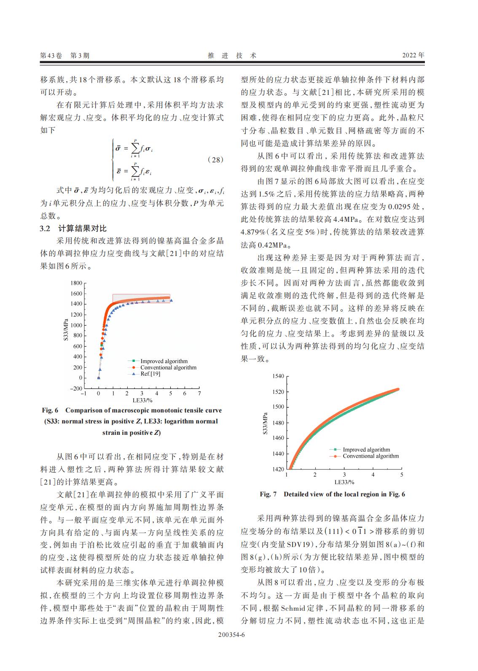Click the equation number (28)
tap(215, 160)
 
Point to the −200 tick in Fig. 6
tap(76, 388)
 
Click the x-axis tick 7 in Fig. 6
tap(199, 393)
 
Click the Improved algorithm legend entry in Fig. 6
tap(164, 361)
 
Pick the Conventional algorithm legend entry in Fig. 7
tap(370, 456)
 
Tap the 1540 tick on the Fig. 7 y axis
tap(278, 376)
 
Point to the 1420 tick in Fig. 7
tap(278, 469)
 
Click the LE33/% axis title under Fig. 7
tap(344, 482)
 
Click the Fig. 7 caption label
tap(268, 494)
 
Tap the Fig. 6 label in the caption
tap(50, 410)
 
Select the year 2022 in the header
tap(413, 55)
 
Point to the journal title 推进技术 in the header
tap(232, 55)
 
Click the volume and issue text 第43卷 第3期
tap(64, 55)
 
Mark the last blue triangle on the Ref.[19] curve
tap(171, 301)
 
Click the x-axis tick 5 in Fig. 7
tap(401, 475)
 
